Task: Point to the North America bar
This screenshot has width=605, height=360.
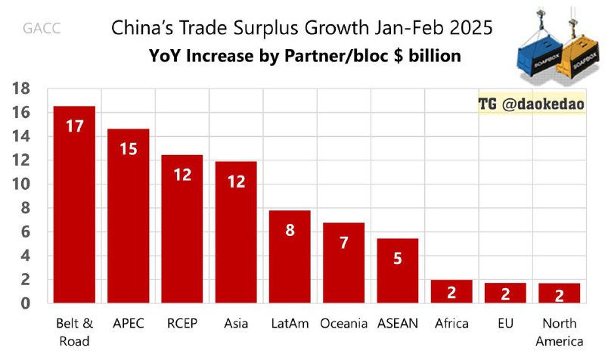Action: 560,293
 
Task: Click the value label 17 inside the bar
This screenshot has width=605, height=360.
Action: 74,126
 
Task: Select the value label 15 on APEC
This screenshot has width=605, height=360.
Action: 128,149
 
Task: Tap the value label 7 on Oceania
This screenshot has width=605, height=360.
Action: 344,243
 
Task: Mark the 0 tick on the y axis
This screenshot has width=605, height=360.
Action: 25,303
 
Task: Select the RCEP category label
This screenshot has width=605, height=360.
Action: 182,324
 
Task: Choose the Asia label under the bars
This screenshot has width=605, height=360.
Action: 236,324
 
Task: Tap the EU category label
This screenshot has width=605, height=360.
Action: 505,324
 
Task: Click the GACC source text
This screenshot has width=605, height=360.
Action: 42,30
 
